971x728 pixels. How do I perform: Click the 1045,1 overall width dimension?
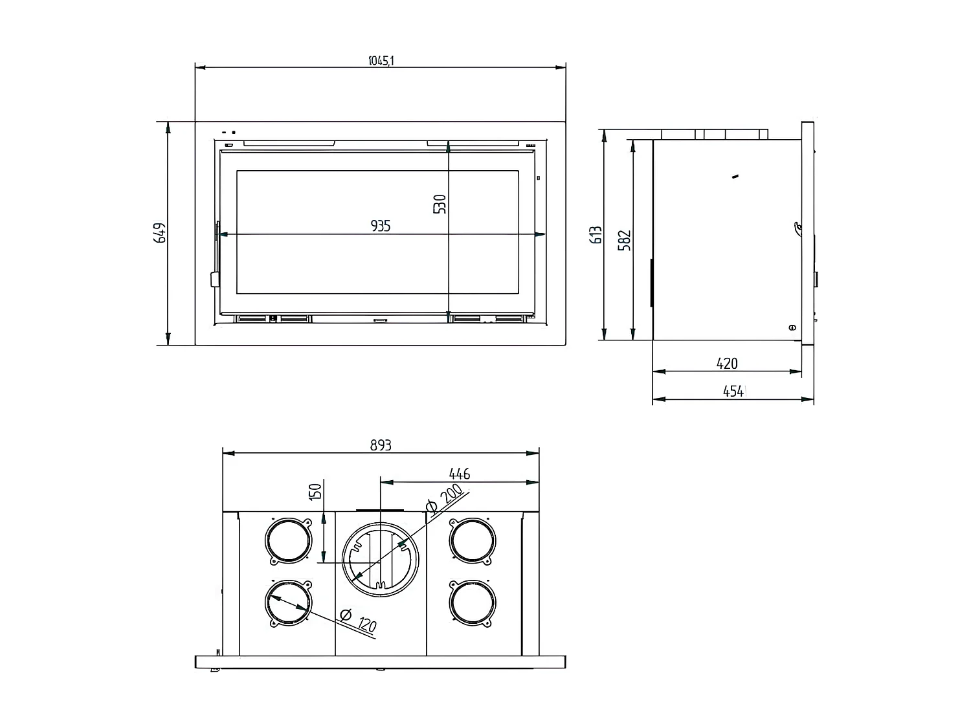tap(381, 61)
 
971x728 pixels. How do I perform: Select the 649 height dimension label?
tap(160, 233)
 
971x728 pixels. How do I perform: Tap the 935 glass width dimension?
tap(381, 226)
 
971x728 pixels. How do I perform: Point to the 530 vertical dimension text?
tap(440, 204)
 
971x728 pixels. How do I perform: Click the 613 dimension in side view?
tap(596, 234)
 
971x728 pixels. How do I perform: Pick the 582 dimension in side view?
tap(625, 240)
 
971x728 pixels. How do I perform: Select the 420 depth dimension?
tap(726, 364)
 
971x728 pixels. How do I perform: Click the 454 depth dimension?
tap(733, 392)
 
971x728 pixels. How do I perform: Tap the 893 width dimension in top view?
tap(381, 445)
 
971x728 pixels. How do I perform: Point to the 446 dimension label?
tap(459, 474)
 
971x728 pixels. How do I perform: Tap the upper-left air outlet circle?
tap(288, 540)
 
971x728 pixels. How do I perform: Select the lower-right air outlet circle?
tap(473, 603)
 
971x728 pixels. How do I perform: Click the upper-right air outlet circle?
tap(473, 540)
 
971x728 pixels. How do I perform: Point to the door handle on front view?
tap(214, 278)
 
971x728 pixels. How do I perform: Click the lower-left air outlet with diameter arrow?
tap(288, 603)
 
